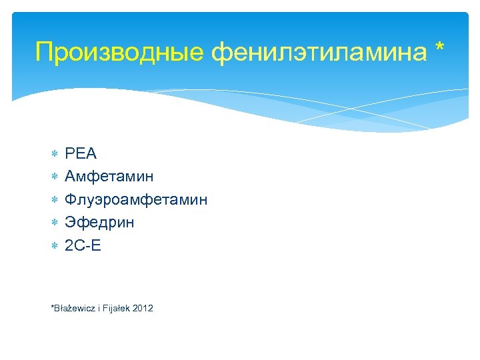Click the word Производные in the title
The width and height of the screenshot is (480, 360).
point(119,52)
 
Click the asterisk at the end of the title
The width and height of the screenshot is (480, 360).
point(437,48)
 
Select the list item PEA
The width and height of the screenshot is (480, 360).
point(81,154)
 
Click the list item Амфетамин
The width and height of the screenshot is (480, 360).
point(109,177)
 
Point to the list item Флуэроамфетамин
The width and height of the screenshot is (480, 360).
point(136,199)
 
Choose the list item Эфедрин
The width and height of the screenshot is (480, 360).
point(99,222)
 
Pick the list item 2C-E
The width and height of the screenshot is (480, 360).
point(83,245)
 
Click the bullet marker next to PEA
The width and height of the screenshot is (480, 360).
point(54,155)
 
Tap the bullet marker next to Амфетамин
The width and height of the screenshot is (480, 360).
point(54,177)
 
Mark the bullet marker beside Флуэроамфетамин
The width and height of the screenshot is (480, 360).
point(54,200)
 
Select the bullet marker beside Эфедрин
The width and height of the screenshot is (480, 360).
point(54,223)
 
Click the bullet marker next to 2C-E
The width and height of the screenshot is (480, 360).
point(54,246)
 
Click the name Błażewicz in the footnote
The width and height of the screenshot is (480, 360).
point(75,308)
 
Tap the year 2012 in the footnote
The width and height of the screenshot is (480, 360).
point(143,308)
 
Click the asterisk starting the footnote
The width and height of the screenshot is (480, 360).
point(53,307)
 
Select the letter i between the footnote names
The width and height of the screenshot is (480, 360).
point(99,308)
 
